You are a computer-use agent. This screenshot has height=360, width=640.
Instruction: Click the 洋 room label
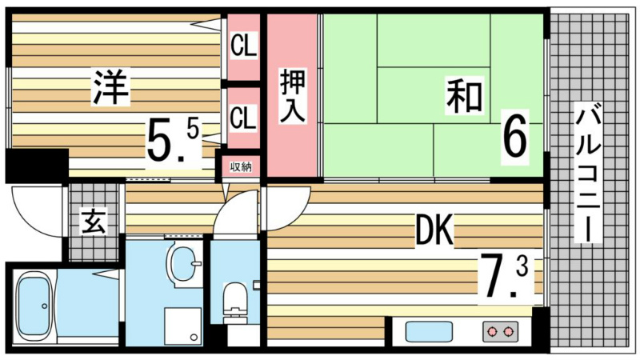pyautogui.click(x=110, y=87)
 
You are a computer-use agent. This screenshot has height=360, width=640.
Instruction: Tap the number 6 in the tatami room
pyautogui.click(x=514, y=137)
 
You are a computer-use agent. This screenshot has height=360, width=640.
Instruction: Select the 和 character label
pyautogui.click(x=465, y=96)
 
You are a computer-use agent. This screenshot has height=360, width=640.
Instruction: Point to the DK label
pyautogui.click(x=434, y=230)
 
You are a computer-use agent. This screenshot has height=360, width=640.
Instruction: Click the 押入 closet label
pyautogui.click(x=292, y=96)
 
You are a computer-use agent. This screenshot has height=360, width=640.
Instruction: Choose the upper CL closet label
pyautogui.click(x=244, y=46)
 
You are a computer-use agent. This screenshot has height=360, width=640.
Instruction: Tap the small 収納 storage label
pyautogui.click(x=241, y=166)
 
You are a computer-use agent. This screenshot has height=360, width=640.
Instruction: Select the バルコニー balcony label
pyautogui.click(x=588, y=173)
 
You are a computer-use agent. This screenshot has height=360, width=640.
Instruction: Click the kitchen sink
pyautogui.click(x=429, y=331)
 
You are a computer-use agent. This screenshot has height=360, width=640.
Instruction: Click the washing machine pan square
pyautogui.click(x=183, y=326)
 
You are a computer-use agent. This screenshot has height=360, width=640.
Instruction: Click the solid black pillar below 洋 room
pyautogui.click(x=37, y=166)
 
